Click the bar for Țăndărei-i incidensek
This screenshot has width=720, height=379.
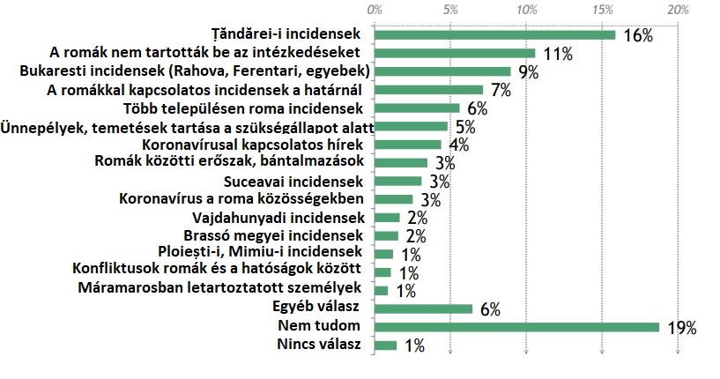494,34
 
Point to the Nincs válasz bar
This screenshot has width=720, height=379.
385,345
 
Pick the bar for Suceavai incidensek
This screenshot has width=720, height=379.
398,181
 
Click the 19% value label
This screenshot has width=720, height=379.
682,328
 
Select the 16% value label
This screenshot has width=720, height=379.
638,35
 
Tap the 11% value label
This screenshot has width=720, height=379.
558,54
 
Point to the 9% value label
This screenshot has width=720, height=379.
529,71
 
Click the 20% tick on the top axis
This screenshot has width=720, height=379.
678,11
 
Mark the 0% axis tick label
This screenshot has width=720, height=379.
374,11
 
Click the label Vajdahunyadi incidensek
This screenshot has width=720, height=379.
277,218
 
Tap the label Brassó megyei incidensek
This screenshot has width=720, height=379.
274,235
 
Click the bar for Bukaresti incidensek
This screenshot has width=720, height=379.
442,71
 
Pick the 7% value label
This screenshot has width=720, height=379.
501,89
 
